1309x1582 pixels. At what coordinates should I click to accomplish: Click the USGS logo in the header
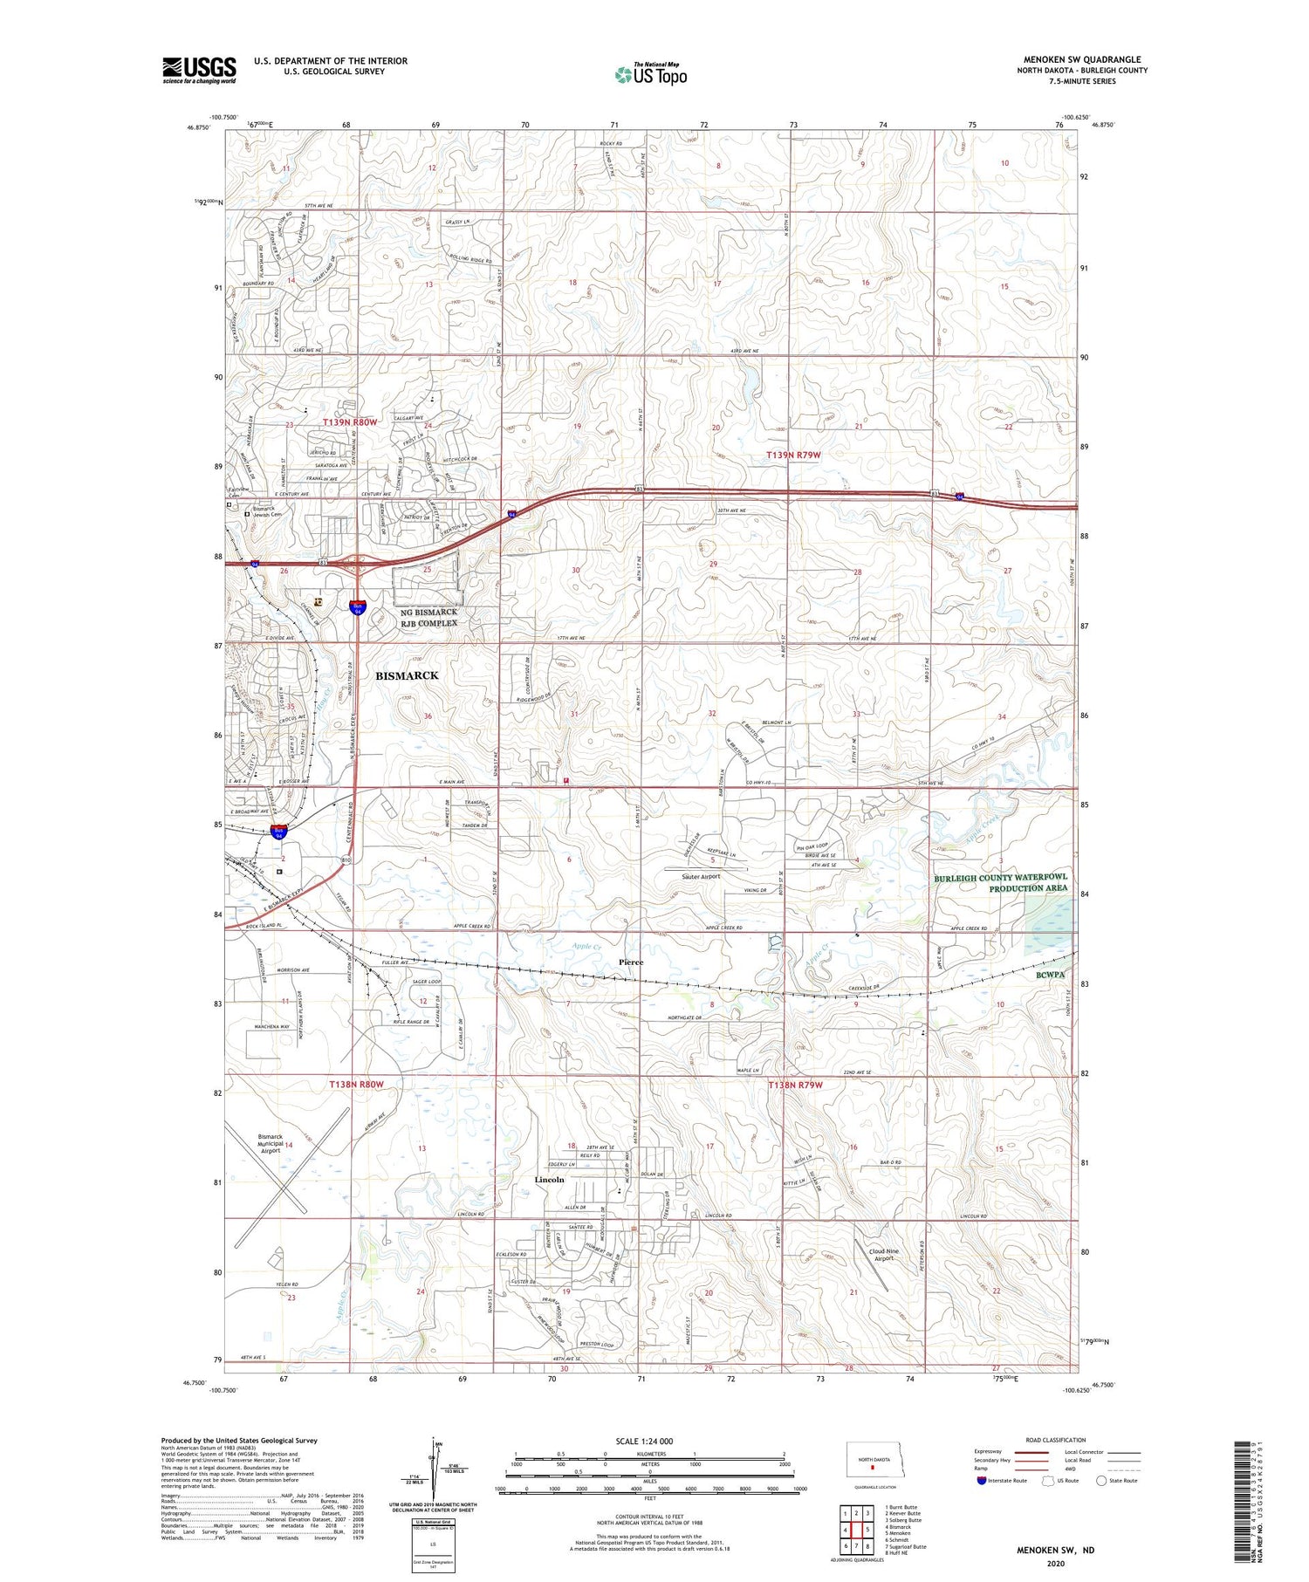tap(199, 70)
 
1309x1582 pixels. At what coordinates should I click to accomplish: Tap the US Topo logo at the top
tap(650, 74)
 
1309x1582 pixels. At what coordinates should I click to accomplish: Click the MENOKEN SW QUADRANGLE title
tap(1082, 59)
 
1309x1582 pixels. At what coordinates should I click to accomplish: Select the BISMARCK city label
tap(407, 675)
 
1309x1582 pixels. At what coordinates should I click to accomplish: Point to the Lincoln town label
tap(549, 1179)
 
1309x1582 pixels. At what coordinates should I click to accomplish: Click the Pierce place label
tap(631, 962)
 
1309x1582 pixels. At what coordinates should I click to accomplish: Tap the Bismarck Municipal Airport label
tap(271, 1143)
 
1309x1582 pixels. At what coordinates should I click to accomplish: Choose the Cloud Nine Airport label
tap(883, 1255)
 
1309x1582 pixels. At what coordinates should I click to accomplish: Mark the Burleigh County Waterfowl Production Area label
tap(1000, 882)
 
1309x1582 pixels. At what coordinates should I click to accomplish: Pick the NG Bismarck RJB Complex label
tap(424, 617)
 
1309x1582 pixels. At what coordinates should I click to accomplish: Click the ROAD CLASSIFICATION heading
tap(1055, 1440)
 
